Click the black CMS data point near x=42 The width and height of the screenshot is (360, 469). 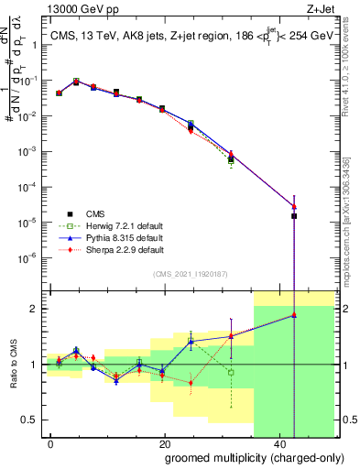coord(294,216)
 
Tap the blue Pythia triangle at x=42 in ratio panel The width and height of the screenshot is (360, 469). coord(294,315)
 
